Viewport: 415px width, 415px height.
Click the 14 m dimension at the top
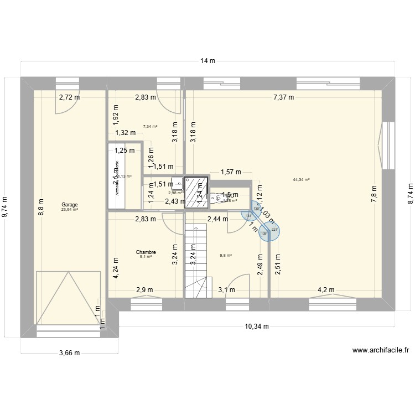click(208, 61)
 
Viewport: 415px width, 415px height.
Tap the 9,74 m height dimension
click(6, 207)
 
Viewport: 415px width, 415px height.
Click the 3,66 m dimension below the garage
click(69, 353)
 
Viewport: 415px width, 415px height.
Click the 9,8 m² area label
click(226, 255)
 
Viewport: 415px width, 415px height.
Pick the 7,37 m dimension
click(283, 97)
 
